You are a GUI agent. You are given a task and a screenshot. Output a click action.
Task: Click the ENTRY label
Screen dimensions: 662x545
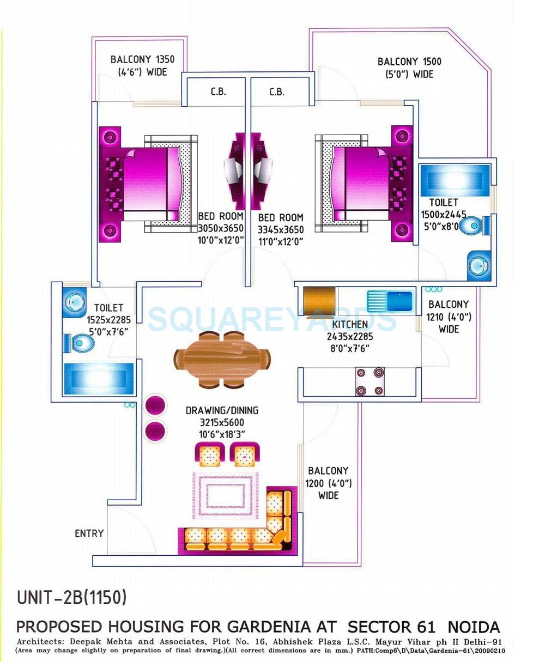coord(89,533)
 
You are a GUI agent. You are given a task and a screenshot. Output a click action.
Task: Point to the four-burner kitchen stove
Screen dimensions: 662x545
coord(370,381)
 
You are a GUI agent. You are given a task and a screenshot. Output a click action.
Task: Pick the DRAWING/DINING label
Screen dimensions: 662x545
coord(222,410)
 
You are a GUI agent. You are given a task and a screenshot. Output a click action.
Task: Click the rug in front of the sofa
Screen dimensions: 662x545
coord(225,495)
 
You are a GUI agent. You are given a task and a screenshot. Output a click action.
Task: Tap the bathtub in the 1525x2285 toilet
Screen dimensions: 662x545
coord(98,378)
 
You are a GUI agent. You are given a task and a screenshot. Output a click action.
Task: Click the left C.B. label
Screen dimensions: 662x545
coord(218,92)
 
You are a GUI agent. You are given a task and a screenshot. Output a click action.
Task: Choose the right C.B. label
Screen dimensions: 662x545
coord(276,92)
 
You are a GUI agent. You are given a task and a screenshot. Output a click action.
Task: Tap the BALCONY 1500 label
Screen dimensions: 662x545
coord(409,62)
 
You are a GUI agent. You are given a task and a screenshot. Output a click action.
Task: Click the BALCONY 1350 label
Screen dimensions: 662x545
coord(142,59)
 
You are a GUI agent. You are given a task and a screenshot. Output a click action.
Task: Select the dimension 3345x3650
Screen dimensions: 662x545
coord(281,229)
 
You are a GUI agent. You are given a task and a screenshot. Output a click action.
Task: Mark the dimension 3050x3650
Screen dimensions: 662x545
coord(220,228)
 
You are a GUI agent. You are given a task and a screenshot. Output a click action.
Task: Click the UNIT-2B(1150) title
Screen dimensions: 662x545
coord(72,598)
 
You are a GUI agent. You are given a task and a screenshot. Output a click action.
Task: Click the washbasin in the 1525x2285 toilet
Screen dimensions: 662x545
coord(74,301)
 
